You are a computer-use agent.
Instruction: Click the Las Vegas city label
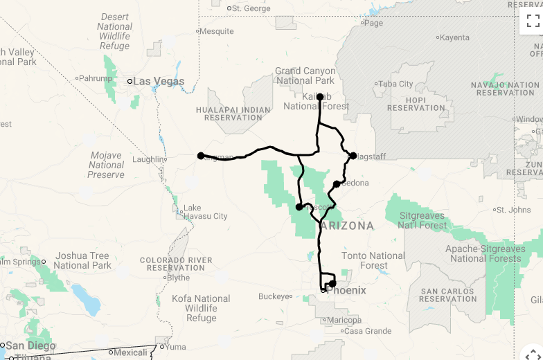(x=159, y=82)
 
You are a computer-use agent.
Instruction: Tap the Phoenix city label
(x=346, y=291)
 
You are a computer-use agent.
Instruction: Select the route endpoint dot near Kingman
(x=201, y=156)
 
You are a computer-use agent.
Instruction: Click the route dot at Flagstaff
(x=353, y=156)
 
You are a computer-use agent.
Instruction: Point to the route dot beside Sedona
(x=337, y=184)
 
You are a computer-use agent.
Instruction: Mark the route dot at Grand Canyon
(x=320, y=97)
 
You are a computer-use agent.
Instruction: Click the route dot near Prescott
(x=299, y=206)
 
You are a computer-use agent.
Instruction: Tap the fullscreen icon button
(x=533, y=21)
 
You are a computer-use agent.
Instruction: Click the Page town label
(x=373, y=23)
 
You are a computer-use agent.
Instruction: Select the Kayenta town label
(x=454, y=37)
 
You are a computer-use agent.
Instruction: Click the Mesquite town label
(x=217, y=31)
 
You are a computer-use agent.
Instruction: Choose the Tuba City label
(x=396, y=84)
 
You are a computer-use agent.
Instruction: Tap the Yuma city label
(x=176, y=346)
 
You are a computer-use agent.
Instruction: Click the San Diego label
(x=30, y=345)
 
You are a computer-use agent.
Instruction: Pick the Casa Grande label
(x=368, y=331)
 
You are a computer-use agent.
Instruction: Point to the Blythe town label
(x=178, y=278)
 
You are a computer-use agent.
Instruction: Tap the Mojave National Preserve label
(x=106, y=165)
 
